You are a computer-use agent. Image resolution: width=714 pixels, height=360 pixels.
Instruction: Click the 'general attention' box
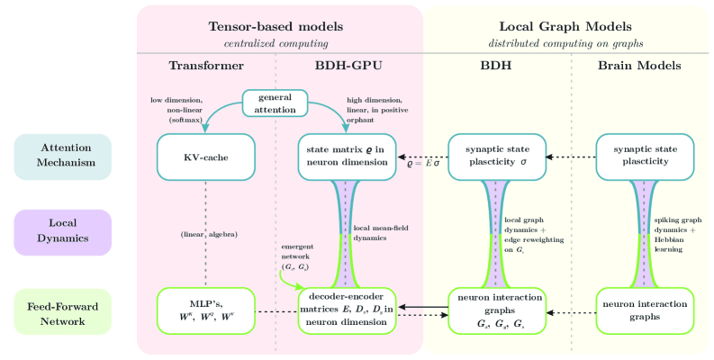point(276,103)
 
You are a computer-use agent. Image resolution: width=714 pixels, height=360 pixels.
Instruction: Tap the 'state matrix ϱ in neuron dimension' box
point(346,156)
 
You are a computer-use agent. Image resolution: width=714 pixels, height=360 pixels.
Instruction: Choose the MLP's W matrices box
point(205,310)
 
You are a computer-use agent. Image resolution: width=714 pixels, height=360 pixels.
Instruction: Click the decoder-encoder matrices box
point(346,310)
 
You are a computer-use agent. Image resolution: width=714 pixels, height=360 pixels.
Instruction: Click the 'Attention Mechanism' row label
point(62,156)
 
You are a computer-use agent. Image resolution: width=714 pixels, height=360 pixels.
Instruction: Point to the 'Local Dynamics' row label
point(62,232)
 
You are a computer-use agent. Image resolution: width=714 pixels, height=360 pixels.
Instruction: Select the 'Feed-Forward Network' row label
point(62,310)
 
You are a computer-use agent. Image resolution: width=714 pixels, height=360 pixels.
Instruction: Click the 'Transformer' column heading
point(206,66)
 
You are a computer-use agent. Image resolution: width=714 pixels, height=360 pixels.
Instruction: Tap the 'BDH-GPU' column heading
point(347,66)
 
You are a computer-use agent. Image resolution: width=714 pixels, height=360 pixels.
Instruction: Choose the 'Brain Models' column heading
point(640,66)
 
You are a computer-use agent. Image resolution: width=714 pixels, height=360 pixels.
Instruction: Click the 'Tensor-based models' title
point(276,27)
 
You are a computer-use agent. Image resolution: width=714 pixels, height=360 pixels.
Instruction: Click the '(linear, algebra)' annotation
point(208,234)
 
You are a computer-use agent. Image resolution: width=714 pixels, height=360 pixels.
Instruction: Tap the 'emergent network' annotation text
point(298,256)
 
